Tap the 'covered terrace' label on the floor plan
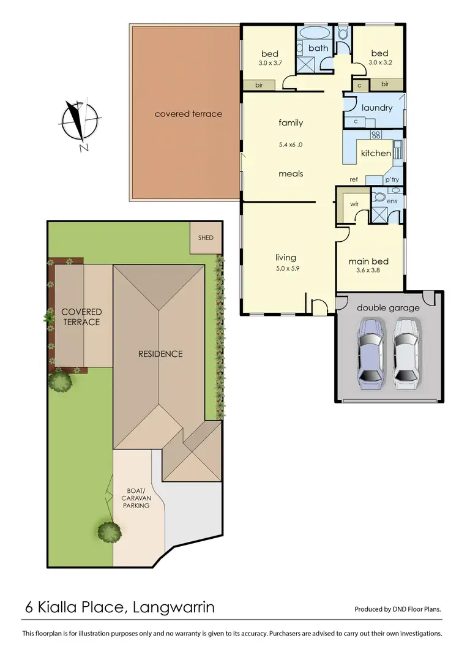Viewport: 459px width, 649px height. point(188,114)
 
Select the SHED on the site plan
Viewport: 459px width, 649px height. point(206,238)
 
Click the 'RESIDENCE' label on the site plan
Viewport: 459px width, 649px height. point(160,353)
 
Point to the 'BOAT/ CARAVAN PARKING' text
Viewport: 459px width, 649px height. point(136,498)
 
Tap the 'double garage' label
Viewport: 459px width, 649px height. point(388,307)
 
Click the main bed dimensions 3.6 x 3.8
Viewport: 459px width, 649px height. point(368,270)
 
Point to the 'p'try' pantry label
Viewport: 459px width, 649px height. point(392,179)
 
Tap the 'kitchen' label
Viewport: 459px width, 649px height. point(375,153)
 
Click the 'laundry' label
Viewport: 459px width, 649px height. point(376,108)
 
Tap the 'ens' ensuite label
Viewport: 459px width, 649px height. point(393,200)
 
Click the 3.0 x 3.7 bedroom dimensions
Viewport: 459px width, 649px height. point(269,63)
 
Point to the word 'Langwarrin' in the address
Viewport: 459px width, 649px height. point(172,607)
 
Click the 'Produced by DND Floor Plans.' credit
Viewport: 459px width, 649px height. point(398,609)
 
